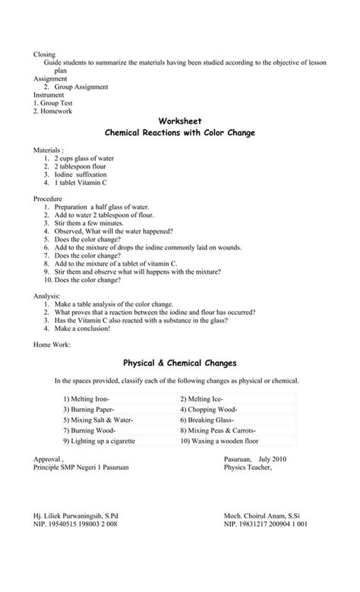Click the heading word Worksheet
point(180,120)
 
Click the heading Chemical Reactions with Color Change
point(180,133)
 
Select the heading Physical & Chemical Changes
point(180,362)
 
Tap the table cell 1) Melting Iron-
point(87,398)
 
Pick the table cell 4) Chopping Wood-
point(206,408)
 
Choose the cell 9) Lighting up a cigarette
point(99,440)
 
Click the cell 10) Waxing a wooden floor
point(219,440)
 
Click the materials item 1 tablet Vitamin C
point(81,183)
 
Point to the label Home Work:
point(52,345)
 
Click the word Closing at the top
point(45,54)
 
